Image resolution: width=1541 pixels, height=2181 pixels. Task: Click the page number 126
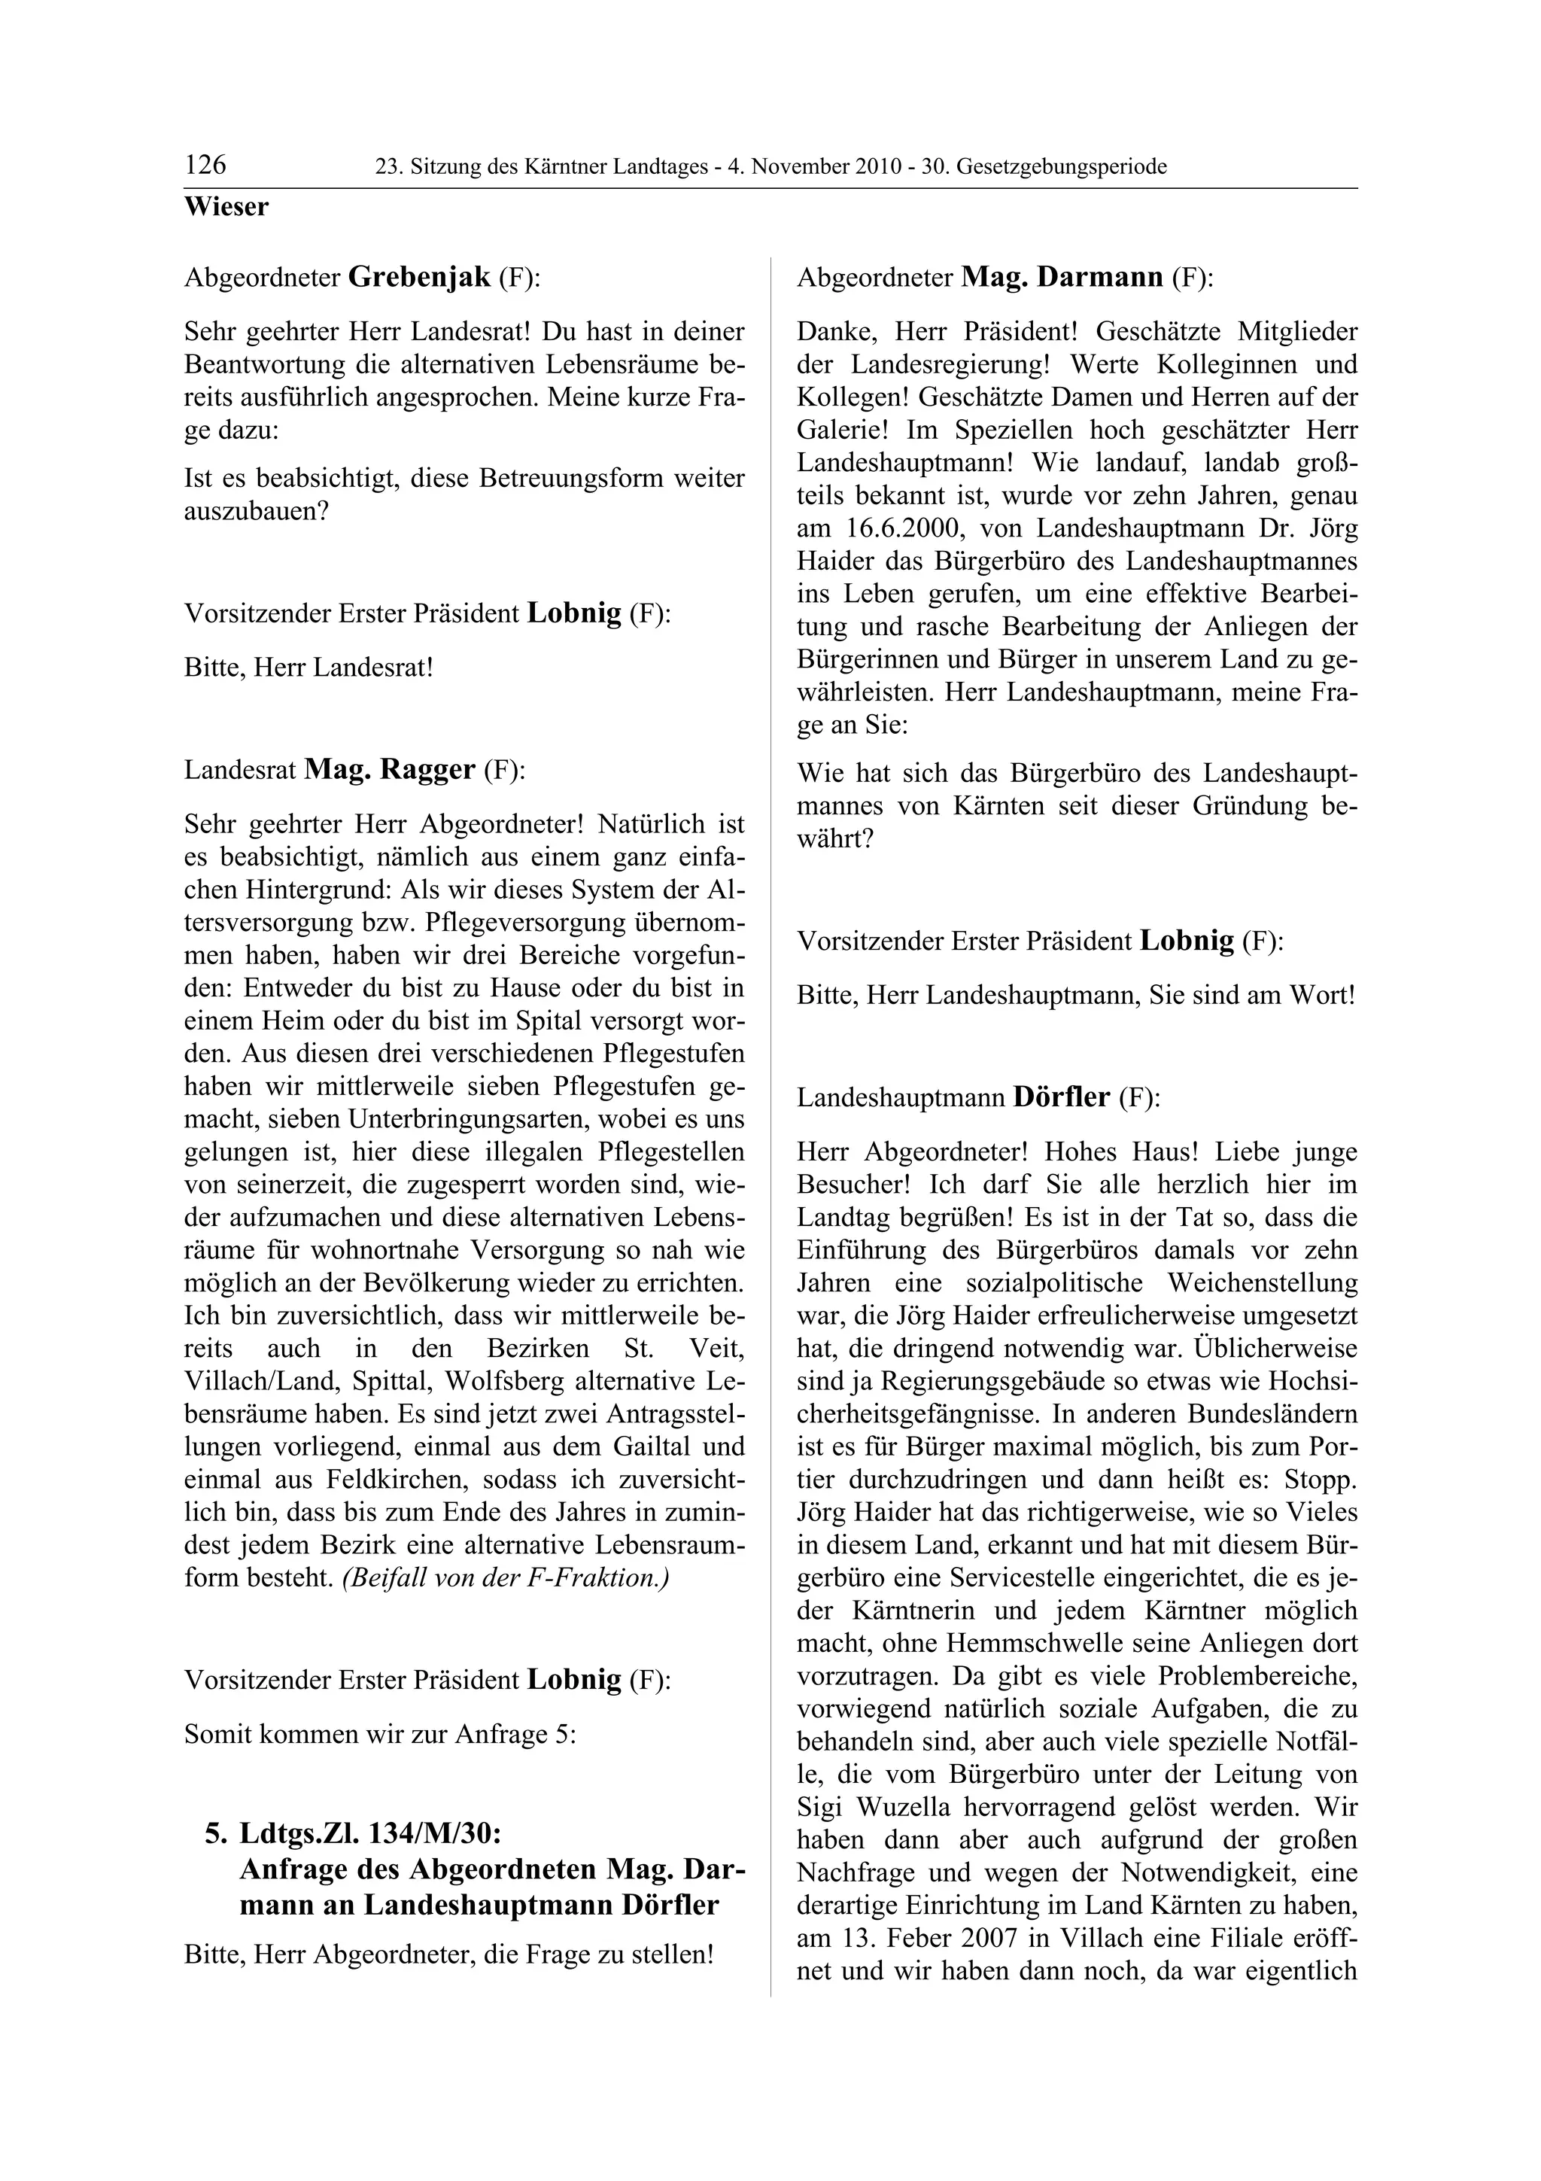click(205, 166)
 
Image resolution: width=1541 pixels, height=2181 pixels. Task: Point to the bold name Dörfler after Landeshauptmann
click(1060, 1097)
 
